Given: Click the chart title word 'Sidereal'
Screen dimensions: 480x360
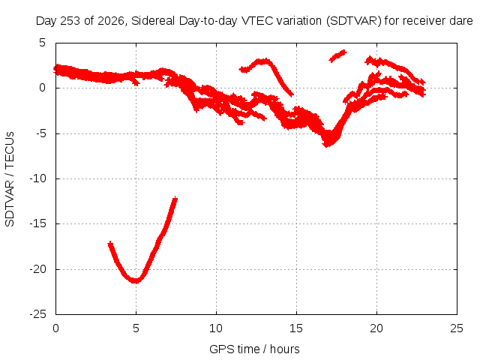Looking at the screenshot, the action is [153, 21].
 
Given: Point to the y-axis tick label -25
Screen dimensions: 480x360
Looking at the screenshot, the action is [38, 314].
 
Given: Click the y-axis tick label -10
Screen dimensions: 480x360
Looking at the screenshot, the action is [38, 178].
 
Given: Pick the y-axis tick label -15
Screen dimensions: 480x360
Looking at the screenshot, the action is [38, 223].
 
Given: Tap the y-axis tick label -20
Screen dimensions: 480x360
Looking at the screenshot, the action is [38, 269].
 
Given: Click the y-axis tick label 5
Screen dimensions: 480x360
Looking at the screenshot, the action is [42, 43].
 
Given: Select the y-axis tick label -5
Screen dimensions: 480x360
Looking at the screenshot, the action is [40, 133].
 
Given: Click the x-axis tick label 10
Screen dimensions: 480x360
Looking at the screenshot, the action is [216, 328].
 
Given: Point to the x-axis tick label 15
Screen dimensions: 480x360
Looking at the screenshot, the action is [296, 328].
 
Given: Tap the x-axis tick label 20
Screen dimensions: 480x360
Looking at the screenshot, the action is [376, 328].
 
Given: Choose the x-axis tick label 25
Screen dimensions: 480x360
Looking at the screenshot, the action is [457, 328].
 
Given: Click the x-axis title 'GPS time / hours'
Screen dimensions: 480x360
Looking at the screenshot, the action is [254, 349].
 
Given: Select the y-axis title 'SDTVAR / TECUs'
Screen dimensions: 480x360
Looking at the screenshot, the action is [10, 179].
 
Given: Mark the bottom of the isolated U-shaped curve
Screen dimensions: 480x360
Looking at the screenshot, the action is [135, 280].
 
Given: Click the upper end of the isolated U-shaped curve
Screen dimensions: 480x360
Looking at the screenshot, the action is [175, 199].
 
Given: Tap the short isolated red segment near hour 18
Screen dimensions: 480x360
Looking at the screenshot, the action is [337, 56].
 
